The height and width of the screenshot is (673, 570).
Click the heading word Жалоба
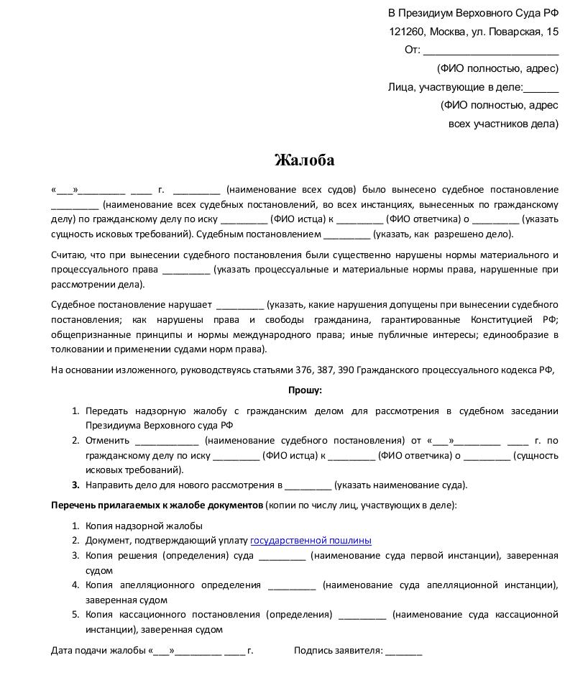point(304,160)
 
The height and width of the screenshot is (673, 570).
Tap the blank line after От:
point(490,51)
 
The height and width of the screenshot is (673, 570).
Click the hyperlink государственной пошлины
point(311,541)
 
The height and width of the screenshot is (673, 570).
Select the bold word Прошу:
point(305,390)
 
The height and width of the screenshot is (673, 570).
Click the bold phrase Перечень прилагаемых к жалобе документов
point(157,505)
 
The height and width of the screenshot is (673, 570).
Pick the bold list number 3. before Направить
point(75,485)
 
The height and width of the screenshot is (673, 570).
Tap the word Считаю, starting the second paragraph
point(70,255)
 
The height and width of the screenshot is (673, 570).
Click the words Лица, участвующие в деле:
point(455,87)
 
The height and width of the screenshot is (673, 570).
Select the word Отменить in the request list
point(107,441)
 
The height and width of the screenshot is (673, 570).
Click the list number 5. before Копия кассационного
point(75,615)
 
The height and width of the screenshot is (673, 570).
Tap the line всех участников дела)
point(503,124)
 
